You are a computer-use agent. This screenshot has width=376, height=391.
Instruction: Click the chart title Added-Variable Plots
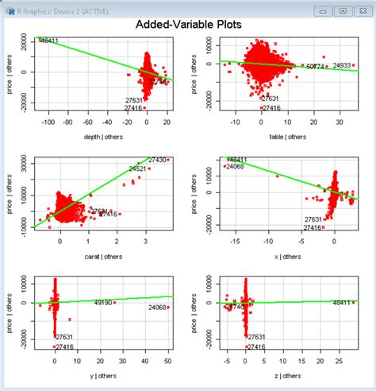tap(188, 25)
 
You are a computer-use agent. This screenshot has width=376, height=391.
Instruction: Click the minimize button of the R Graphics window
tap(322, 10)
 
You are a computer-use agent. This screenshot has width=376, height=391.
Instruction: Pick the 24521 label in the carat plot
tap(136, 168)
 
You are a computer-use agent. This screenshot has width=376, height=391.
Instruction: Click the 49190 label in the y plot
tap(103, 303)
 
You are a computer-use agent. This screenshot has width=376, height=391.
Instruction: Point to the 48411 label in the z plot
tap(343, 303)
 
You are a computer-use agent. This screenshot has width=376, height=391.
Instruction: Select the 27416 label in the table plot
tap(271, 108)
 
